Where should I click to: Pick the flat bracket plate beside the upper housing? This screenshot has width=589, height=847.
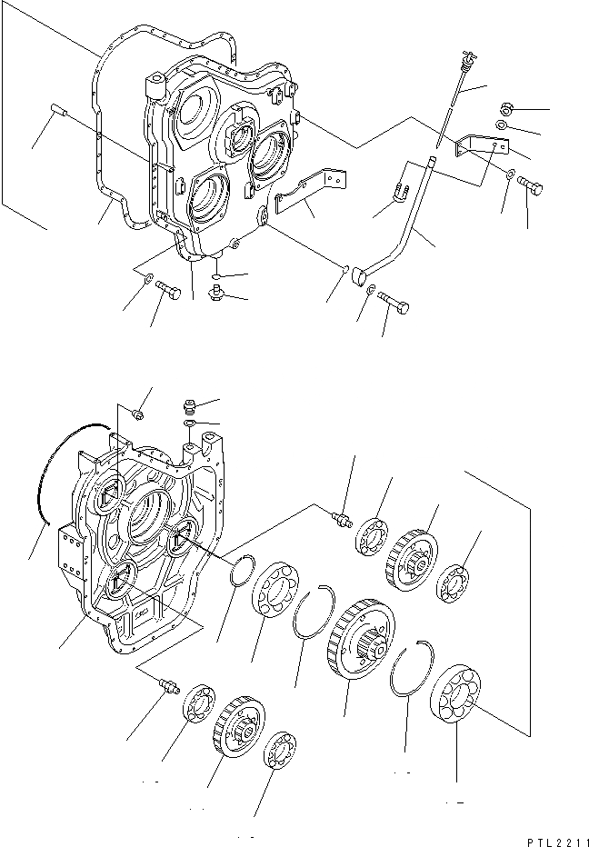(x=313, y=189)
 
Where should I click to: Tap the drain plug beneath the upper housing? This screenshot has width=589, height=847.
(x=216, y=293)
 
